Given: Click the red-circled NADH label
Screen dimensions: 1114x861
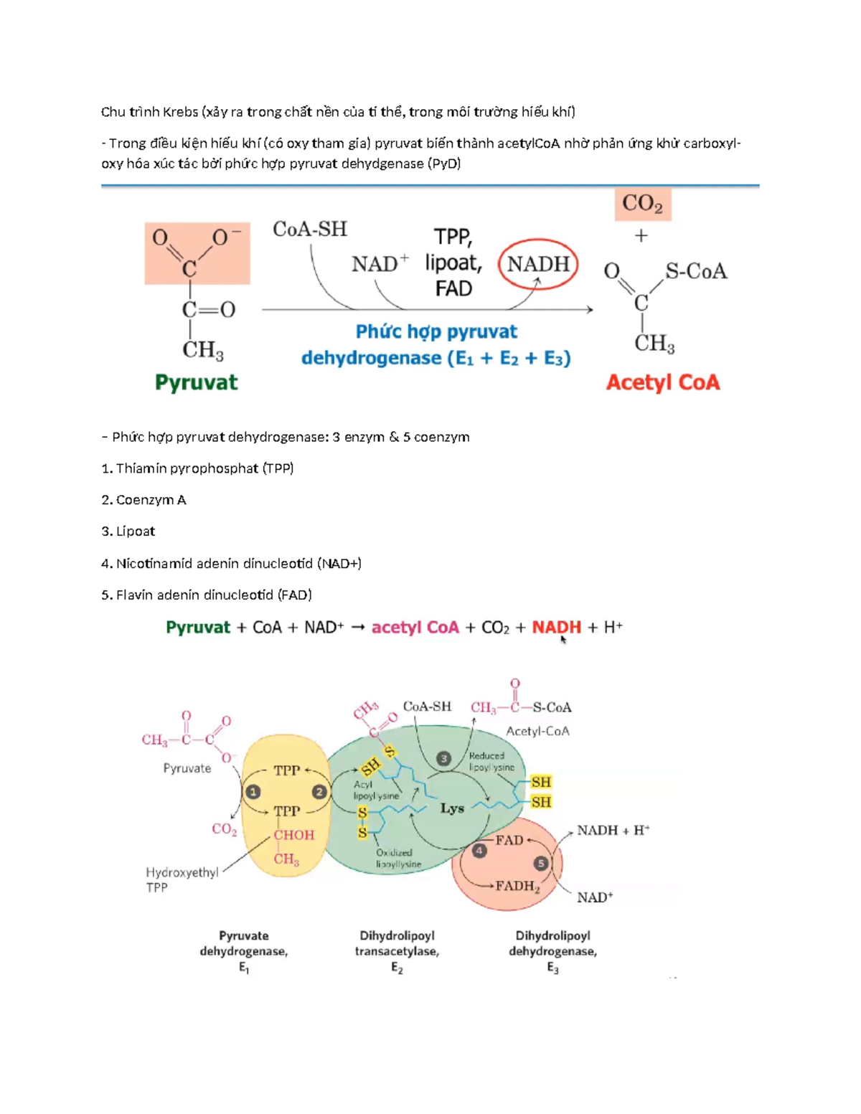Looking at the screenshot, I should (538, 264).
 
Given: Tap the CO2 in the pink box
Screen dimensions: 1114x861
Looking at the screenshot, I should (642, 204).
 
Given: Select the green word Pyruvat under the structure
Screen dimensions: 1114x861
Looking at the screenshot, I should (196, 382).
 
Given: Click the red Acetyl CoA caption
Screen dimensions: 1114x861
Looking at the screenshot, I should (662, 382).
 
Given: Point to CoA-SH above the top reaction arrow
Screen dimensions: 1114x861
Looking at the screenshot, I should (310, 230).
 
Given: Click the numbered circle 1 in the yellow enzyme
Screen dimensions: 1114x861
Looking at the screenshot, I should (253, 792).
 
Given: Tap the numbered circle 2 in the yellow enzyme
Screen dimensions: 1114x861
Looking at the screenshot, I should (319, 792).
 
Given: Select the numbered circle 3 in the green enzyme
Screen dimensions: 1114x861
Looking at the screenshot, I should (443, 758).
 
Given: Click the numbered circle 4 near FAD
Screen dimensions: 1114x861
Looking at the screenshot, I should (479, 851).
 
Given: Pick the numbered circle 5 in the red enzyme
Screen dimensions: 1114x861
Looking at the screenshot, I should (541, 864).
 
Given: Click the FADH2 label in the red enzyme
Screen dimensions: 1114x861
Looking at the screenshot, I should (517, 887).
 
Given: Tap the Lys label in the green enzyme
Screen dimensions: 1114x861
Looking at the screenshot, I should (452, 808).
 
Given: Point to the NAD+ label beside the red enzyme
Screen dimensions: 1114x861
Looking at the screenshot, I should (595, 897).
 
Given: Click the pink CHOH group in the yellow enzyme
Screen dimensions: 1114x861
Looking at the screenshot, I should (294, 835).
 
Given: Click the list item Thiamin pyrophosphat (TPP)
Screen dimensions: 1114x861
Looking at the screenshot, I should (198, 468).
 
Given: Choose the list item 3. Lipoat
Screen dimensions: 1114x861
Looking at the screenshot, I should (128, 532).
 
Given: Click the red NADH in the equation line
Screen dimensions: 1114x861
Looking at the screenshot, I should (556, 628).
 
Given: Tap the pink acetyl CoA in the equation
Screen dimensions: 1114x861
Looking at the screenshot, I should (415, 628).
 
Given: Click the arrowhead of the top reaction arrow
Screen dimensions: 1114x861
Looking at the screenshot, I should (590, 310).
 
